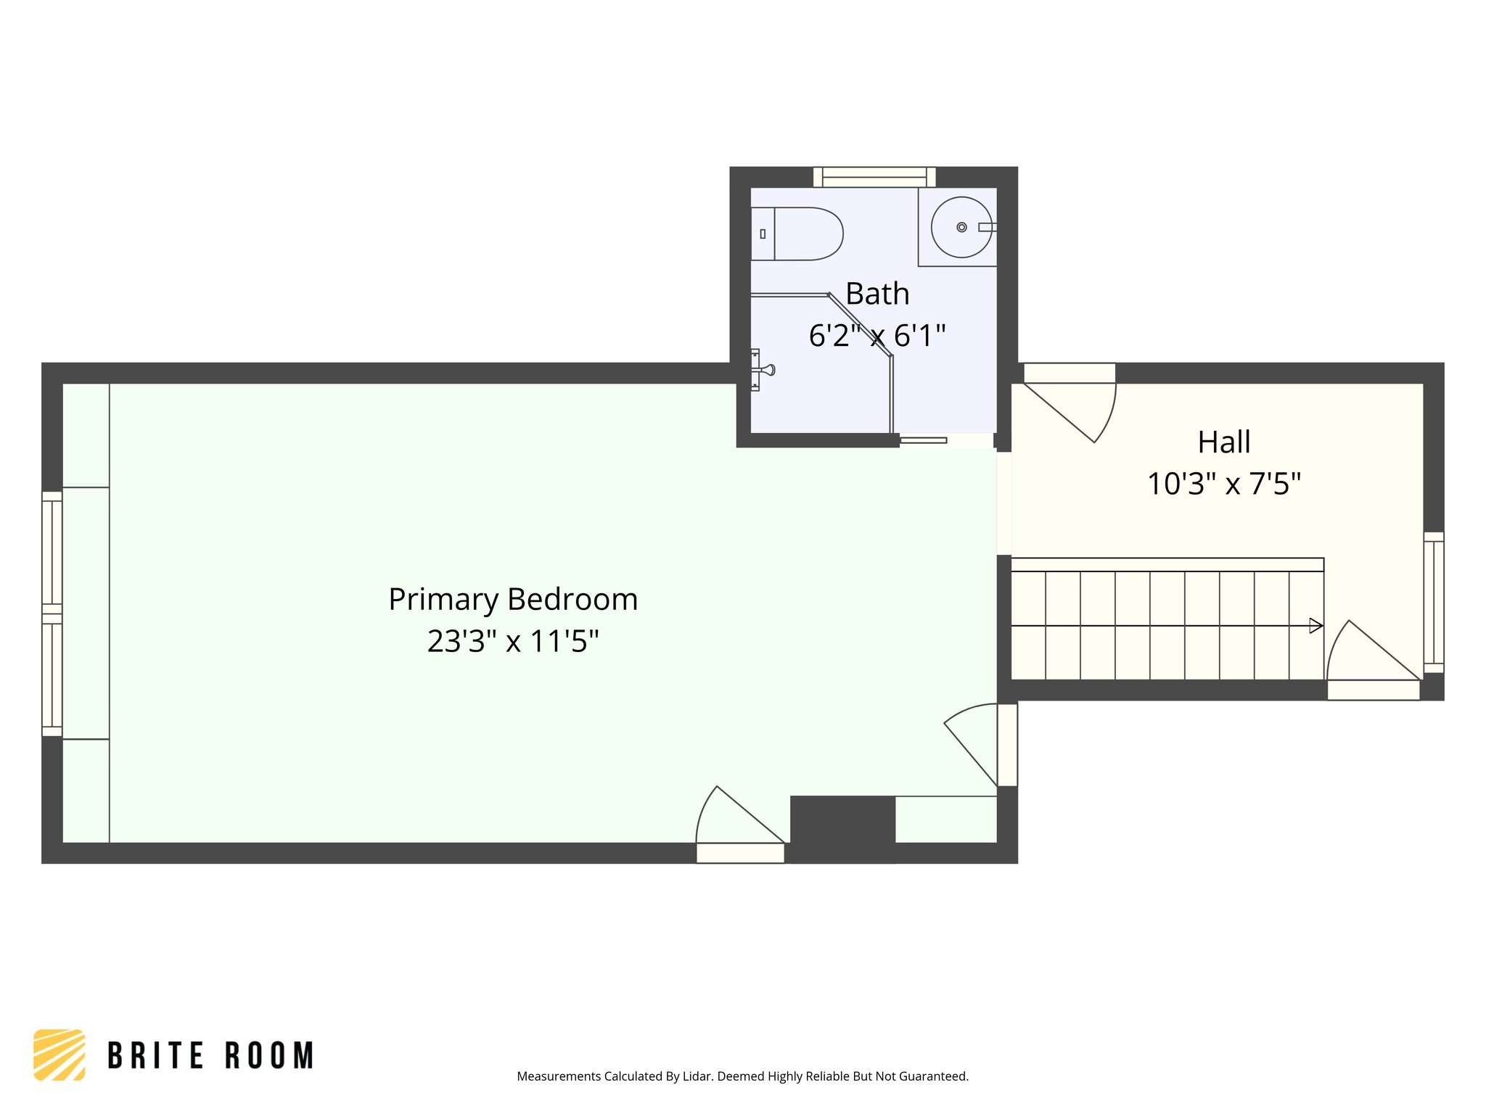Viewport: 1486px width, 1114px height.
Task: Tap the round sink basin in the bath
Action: click(961, 227)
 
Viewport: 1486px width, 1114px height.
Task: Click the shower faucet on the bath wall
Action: click(762, 370)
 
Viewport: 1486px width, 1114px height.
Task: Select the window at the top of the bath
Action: click(874, 177)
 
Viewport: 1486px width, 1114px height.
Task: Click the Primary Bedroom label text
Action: click(513, 600)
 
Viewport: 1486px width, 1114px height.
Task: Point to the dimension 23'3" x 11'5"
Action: click(513, 641)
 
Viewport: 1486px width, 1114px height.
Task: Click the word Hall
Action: click(1223, 442)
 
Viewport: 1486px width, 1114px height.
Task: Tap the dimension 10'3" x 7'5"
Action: click(1223, 484)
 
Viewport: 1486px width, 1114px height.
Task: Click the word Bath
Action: click(877, 294)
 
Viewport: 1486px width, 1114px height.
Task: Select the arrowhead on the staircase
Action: click(1315, 625)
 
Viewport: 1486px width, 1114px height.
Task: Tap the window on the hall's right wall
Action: click(1433, 603)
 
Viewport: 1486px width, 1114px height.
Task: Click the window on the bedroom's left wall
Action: click(52, 614)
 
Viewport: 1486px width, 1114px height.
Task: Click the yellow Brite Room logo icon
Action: click(59, 1055)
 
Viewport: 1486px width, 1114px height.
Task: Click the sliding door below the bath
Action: click(923, 440)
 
